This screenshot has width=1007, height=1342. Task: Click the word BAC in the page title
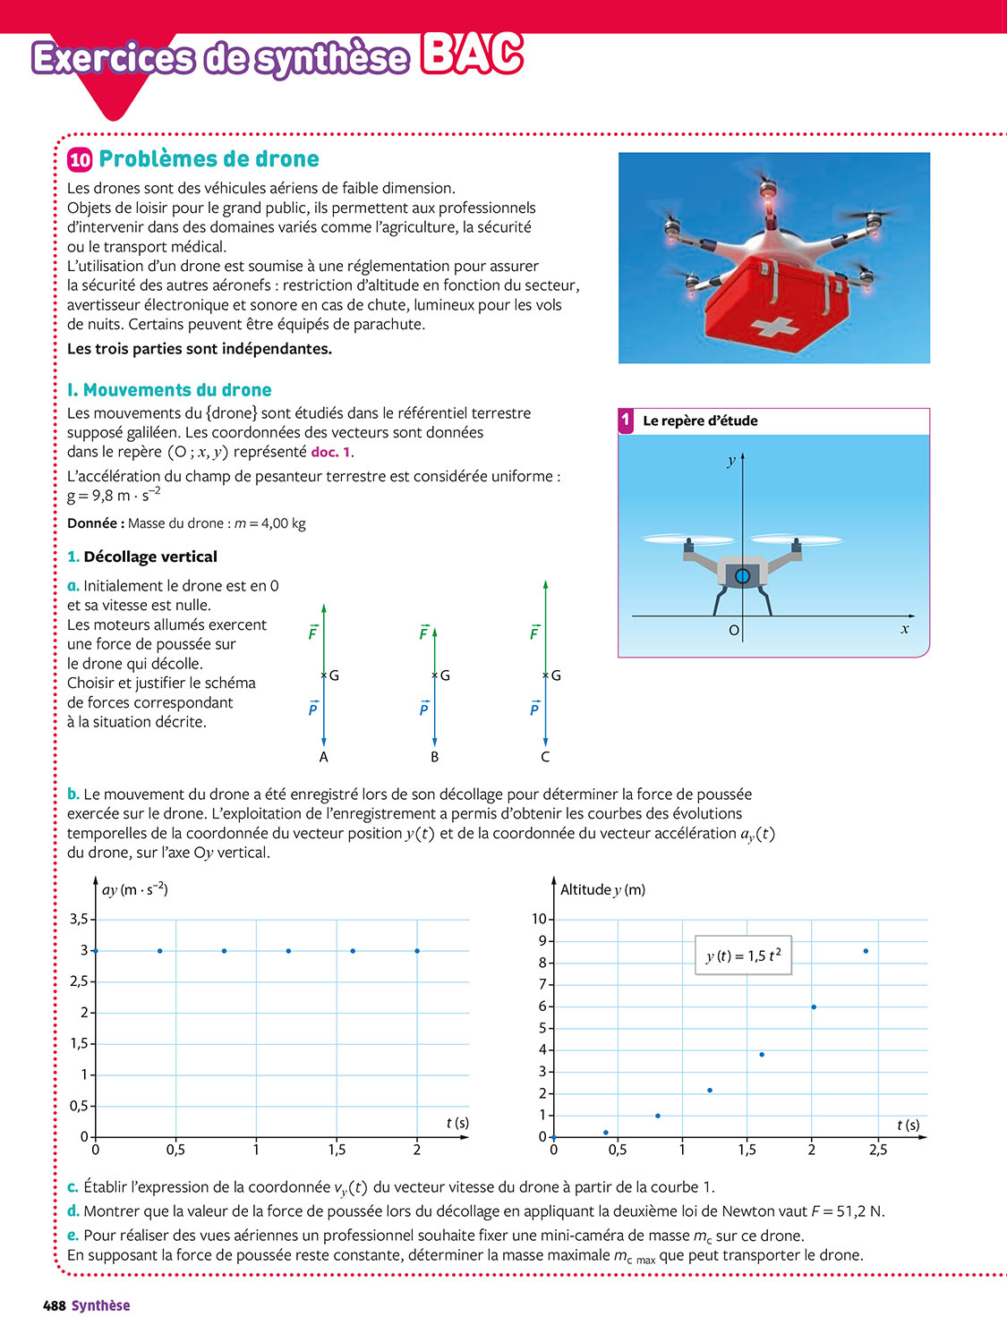coord(472,55)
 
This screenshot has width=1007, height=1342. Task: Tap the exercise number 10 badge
coord(80,160)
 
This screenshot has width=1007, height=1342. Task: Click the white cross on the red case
coord(775,327)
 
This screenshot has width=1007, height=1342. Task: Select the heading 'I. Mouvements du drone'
coord(169,390)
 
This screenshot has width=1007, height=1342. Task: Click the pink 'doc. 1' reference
coord(330,453)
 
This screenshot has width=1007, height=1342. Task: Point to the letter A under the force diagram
coord(324,757)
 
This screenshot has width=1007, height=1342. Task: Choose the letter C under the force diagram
coord(545,757)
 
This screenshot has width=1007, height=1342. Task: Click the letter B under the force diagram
coord(435,757)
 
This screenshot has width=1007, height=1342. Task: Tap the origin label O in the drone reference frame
coord(734,630)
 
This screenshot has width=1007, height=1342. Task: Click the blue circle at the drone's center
coord(742,576)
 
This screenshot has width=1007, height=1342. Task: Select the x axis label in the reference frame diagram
coord(905,629)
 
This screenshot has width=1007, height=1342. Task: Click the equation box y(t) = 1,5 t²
coord(743,956)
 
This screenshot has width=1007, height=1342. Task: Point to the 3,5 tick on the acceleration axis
coord(79,919)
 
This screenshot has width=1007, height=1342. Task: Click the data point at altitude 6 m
coord(814,1007)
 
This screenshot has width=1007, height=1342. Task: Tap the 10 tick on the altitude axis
coord(539,919)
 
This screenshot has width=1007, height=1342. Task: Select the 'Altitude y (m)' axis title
coord(602,889)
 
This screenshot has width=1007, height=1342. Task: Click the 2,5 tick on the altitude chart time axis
coord(878,1150)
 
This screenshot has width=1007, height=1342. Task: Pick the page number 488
coord(55,1306)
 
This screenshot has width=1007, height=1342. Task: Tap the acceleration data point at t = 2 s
coord(417,951)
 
